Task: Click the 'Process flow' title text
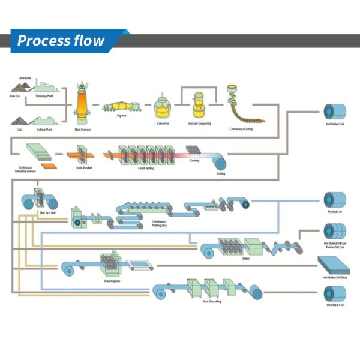pos(60,41)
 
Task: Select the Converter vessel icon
pos(162,107)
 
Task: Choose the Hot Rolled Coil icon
pos(335,112)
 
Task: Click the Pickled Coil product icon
pos(334,200)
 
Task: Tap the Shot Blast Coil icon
pos(334,294)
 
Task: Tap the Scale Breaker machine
pos(83,156)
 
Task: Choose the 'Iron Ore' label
pos(15,95)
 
